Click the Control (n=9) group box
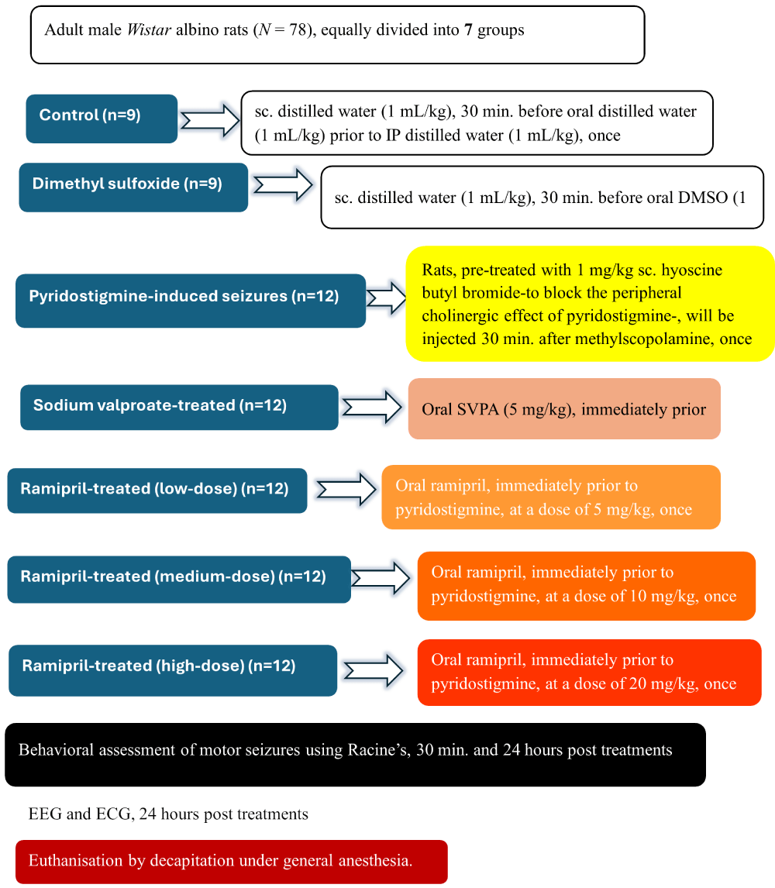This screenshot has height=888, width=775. point(102,119)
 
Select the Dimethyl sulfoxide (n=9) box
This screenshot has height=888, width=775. point(133,187)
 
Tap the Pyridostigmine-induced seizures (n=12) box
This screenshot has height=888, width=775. point(190,300)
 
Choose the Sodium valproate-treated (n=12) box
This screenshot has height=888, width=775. point(179,407)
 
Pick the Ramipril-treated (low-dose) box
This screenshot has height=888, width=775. point(157,490)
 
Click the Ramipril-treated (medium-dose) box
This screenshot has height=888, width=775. point(179,579)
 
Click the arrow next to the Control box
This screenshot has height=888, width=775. point(209,119)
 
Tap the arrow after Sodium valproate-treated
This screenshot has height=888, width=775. point(372,408)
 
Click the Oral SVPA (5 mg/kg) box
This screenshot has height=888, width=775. point(564,409)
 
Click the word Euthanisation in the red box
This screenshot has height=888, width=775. point(75,861)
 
